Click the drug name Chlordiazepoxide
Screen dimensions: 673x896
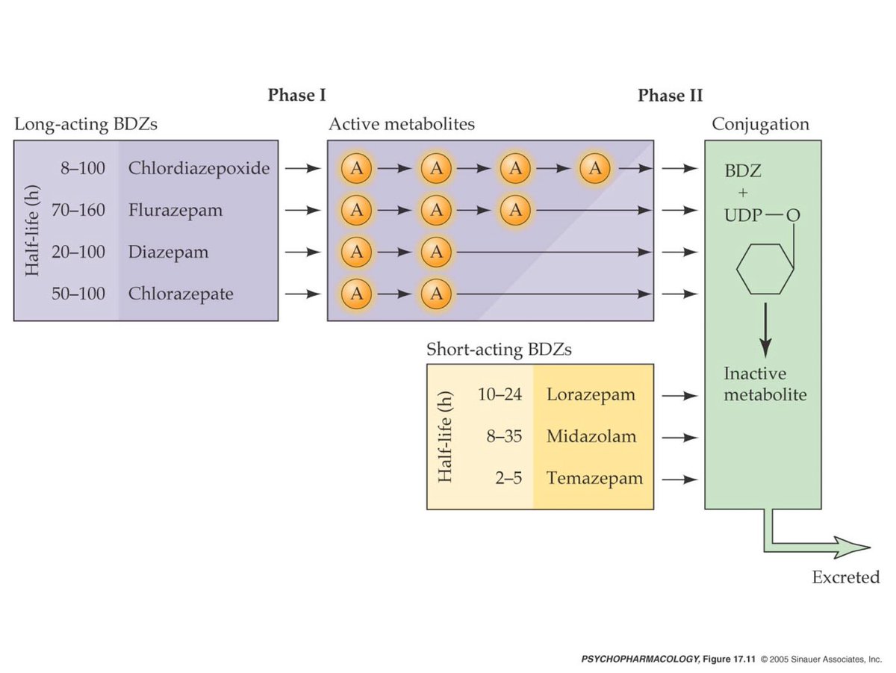click(199, 168)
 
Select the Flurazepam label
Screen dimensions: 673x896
click(175, 210)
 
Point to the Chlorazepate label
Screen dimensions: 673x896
click(180, 294)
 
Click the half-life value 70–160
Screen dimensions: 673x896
click(78, 210)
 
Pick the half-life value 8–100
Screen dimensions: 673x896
click(83, 168)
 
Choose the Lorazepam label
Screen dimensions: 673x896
click(591, 394)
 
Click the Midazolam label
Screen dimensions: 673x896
click(591, 436)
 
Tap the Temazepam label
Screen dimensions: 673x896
click(594, 478)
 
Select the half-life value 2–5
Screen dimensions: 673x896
click(508, 478)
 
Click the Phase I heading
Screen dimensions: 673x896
click(296, 96)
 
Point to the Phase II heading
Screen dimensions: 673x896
click(670, 96)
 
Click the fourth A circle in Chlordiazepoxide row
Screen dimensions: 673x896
click(594, 168)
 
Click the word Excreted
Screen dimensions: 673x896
click(846, 577)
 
